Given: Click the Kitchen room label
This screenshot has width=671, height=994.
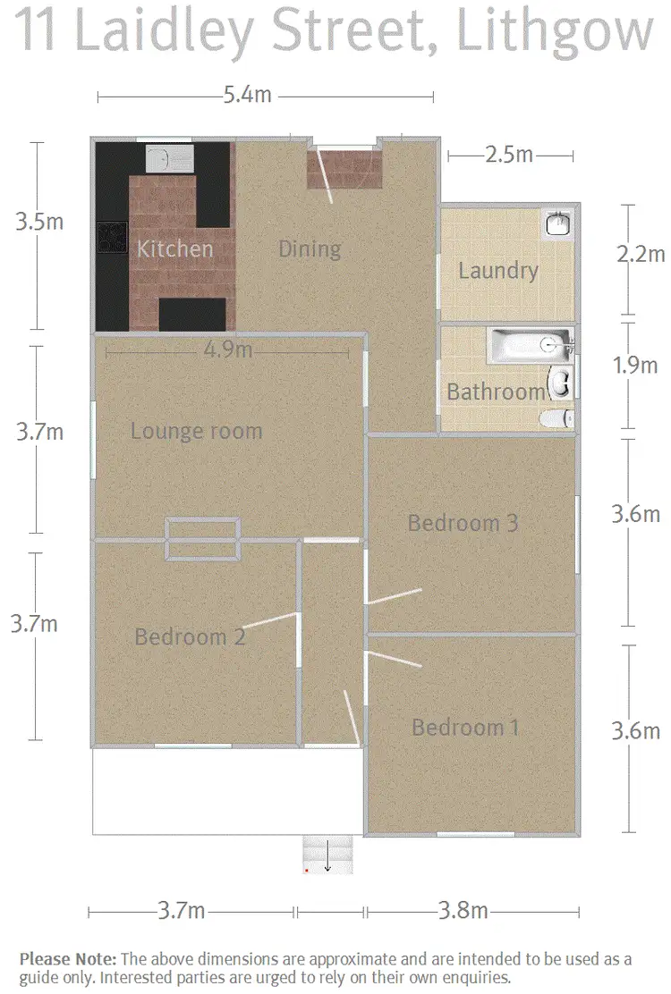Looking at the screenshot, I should [174, 248].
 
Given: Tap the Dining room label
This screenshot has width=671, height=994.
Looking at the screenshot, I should [310, 248].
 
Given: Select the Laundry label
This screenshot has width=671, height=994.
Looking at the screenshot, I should [497, 271].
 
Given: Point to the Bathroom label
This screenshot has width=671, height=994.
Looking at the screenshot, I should [496, 392].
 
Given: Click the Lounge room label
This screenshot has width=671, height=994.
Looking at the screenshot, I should [196, 432].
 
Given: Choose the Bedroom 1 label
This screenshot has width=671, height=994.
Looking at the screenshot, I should [465, 728].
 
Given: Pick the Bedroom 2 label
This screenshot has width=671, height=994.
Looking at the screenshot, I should [190, 637].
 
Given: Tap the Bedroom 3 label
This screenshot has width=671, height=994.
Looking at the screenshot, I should [463, 523].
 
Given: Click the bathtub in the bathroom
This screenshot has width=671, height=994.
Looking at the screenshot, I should [529, 345].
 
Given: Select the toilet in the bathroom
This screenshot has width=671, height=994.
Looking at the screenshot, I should [558, 417].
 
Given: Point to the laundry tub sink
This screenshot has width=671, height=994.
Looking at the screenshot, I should [556, 223].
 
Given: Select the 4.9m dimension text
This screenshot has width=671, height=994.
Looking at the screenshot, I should [228, 350].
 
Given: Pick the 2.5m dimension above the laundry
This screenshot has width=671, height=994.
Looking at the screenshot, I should [508, 156].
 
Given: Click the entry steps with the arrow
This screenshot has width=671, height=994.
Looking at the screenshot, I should [327, 855].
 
